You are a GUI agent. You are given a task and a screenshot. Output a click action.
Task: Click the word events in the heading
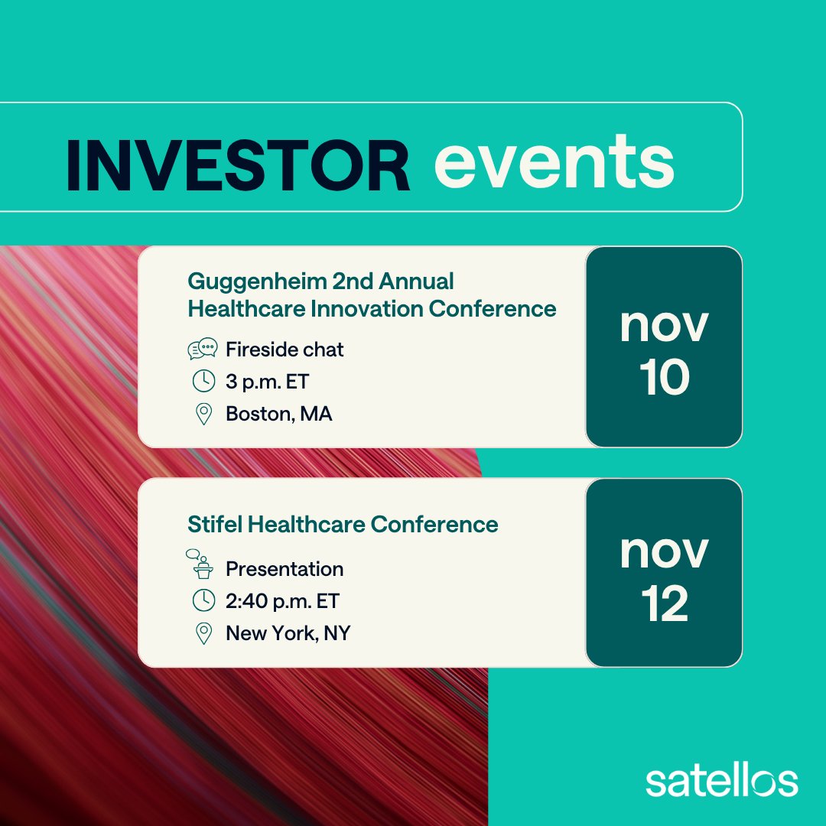pos(554,162)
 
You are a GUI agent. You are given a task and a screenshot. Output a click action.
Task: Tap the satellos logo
pos(721,781)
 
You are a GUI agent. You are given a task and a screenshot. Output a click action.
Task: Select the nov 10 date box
pos(664,346)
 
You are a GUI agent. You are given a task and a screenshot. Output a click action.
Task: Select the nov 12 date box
pos(664,573)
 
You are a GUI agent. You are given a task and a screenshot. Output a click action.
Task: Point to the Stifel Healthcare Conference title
pos(343,525)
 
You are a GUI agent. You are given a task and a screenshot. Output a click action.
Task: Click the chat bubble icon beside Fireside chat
pos(203,350)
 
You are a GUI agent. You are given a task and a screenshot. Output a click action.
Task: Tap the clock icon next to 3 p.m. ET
pos(203,382)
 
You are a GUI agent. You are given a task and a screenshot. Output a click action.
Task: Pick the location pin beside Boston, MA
pos(203,415)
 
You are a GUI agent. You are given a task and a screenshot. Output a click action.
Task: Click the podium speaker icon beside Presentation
pos(202,564)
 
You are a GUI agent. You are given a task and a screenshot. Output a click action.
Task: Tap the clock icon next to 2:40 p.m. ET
pos(203,601)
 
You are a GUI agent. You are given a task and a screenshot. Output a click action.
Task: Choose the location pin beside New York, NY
pos(203,633)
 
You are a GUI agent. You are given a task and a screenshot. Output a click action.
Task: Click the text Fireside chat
pos(285,350)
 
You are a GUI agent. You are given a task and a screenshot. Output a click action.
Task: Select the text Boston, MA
pos(278,415)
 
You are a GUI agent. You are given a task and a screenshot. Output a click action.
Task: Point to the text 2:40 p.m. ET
pos(282,601)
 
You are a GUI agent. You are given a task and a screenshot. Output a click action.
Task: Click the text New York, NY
pos(288,633)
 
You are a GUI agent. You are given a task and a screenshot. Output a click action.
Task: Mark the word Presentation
pos(285,569)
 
